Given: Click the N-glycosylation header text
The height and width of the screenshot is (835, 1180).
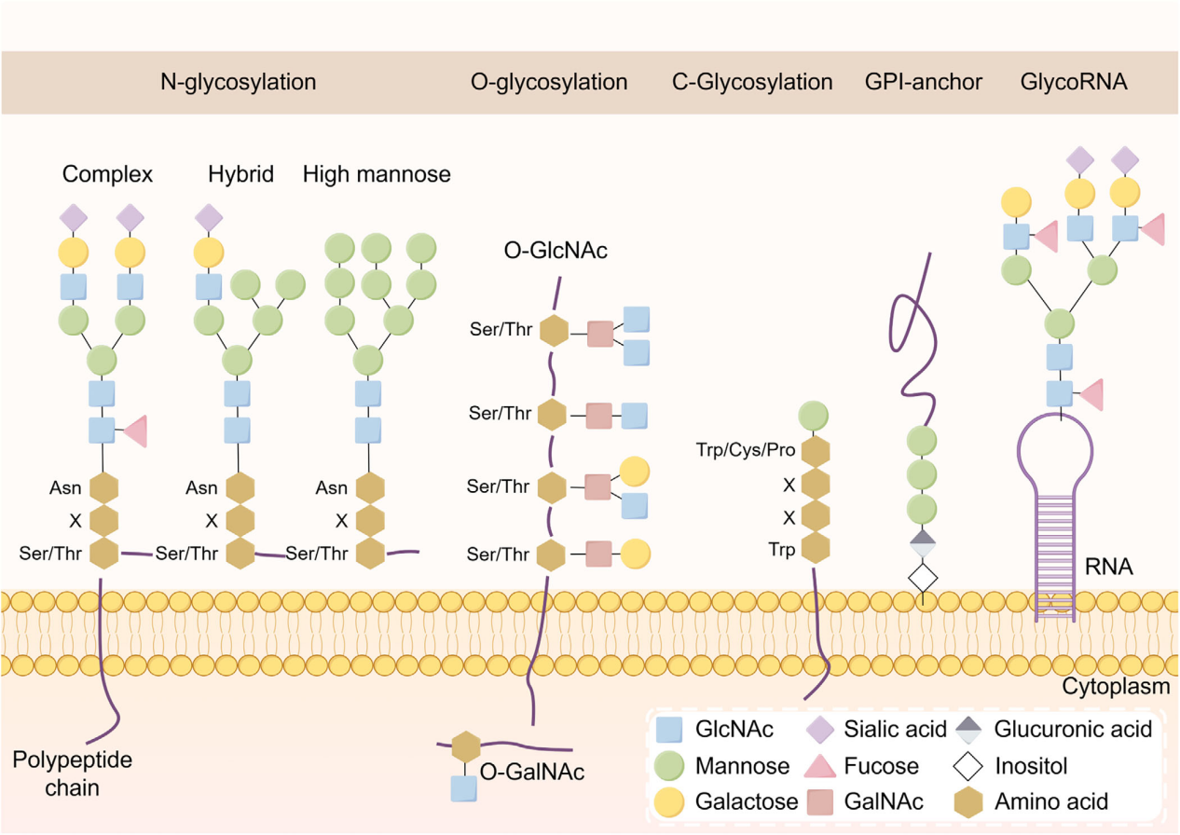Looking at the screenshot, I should coord(238,82).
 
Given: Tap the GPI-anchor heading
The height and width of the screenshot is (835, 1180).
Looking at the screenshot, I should coord(924,82).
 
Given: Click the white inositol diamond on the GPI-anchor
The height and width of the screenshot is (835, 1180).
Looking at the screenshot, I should coord(923,578).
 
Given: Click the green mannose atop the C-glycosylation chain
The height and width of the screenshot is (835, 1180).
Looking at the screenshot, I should coord(815,416).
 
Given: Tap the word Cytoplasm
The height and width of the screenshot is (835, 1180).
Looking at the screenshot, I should coord(1116,688).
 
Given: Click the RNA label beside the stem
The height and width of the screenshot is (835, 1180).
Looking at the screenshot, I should coord(1110,565).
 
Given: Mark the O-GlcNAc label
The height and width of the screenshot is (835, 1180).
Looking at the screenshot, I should coord(553,249).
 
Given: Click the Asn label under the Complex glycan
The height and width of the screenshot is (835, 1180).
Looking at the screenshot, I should coord(66,487).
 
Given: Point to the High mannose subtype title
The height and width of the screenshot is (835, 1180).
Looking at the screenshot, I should coord(377,174).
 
